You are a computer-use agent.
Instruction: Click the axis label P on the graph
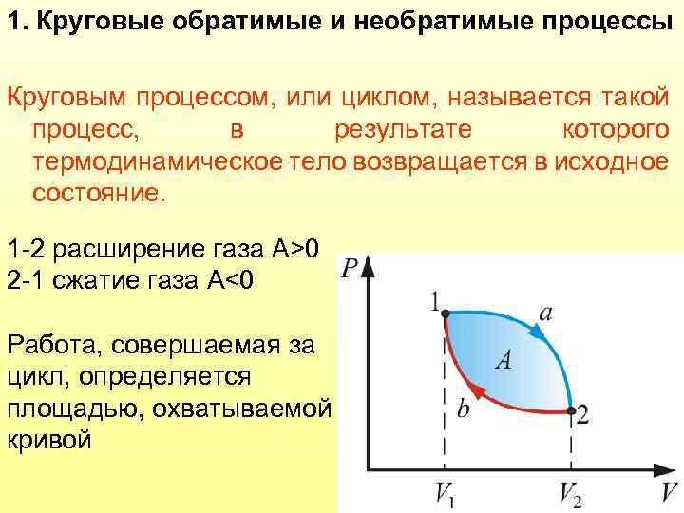(x=350, y=269)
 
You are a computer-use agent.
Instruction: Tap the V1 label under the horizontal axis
(x=445, y=494)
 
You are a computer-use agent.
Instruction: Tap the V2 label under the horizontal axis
(x=570, y=494)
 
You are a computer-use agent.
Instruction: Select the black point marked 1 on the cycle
(x=446, y=313)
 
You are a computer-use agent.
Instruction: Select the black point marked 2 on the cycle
(x=570, y=410)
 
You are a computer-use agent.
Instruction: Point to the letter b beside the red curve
(x=463, y=408)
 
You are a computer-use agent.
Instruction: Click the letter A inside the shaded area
(x=504, y=359)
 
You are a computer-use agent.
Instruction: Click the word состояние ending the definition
(x=99, y=192)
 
